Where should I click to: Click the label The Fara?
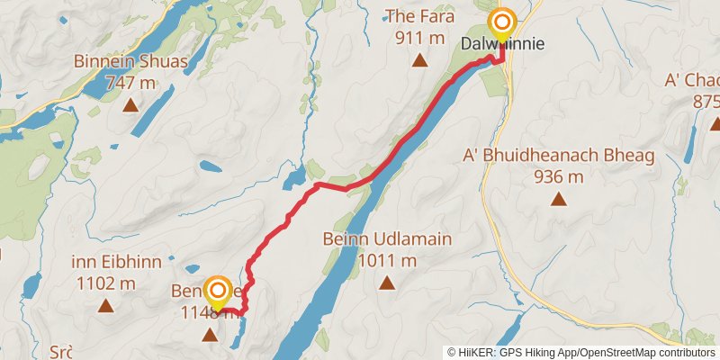(x=416, y=15)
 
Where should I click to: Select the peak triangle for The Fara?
(x=418, y=60)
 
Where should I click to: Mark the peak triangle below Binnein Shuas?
(x=130, y=105)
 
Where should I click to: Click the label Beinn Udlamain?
(x=387, y=240)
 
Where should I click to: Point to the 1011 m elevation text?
(x=387, y=261)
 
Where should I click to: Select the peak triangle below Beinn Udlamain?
(x=387, y=283)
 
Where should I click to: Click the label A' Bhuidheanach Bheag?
(x=558, y=156)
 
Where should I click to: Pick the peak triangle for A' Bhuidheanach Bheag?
(x=558, y=199)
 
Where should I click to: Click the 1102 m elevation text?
(x=106, y=283)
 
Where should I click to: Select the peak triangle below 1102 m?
(x=106, y=305)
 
